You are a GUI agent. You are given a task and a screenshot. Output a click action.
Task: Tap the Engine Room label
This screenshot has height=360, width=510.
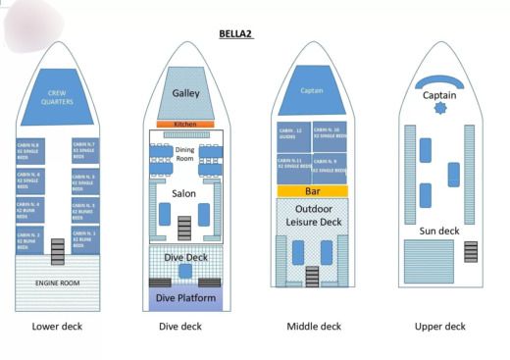click(58, 283)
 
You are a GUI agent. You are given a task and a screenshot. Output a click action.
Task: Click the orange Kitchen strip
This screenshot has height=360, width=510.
click(185, 125)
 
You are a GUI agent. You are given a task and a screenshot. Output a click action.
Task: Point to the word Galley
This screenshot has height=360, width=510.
click(186, 93)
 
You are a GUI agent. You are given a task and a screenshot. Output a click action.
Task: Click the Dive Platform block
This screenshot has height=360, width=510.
click(185, 297)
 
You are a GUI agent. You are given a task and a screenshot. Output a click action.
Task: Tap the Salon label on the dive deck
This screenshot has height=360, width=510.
click(184, 193)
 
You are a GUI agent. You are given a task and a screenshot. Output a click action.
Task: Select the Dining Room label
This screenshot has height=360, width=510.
click(185, 153)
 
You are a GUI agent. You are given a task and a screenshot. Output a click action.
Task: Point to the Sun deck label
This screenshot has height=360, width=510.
click(438, 231)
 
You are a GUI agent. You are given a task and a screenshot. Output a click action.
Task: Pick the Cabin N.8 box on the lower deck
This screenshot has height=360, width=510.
click(29, 150)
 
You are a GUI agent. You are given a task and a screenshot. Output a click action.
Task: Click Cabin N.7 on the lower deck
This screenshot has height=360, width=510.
click(85, 149)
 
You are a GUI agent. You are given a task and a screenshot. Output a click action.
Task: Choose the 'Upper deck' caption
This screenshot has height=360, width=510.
click(438, 327)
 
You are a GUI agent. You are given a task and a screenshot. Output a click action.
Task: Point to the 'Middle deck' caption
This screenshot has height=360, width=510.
click(314, 327)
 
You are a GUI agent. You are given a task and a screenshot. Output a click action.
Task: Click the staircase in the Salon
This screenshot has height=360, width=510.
click(184, 228)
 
